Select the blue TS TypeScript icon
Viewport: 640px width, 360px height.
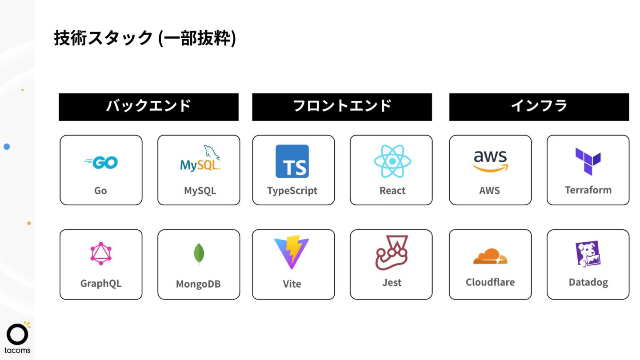click(x=292, y=161)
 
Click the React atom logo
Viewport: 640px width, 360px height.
click(x=392, y=161)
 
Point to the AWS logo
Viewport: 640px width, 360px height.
click(x=490, y=161)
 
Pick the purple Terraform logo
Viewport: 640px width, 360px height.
click(x=588, y=161)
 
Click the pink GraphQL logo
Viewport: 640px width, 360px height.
click(x=101, y=254)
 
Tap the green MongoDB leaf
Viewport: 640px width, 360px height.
click(x=199, y=254)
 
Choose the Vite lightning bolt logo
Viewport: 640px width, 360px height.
click(x=291, y=253)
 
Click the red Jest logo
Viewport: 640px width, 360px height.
click(x=391, y=253)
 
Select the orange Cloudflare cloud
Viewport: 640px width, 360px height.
click(x=490, y=256)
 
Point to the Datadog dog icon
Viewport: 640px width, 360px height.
click(x=588, y=254)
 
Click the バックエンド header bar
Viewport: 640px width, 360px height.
click(x=148, y=107)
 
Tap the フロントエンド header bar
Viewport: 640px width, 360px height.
click(x=342, y=107)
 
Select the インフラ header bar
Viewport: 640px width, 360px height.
click(x=539, y=107)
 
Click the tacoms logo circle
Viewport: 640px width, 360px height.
click(x=17, y=335)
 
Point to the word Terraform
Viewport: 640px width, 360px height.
click(x=588, y=190)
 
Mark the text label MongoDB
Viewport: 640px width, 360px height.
click(x=198, y=284)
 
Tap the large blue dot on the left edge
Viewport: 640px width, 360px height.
click(x=7, y=146)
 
